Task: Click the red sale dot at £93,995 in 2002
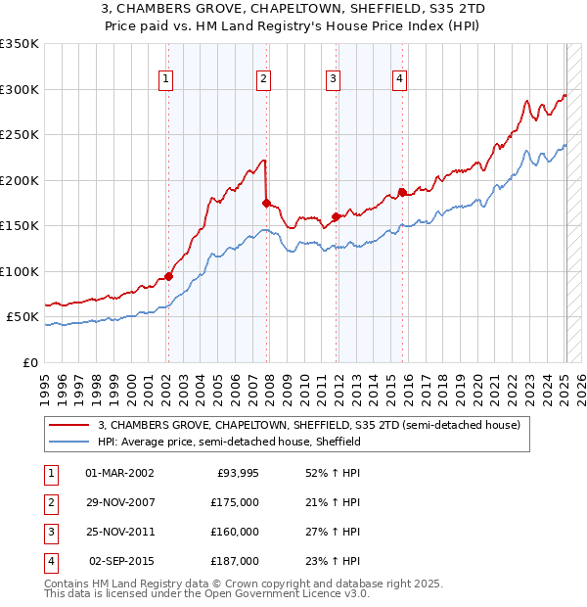pyautogui.click(x=168, y=276)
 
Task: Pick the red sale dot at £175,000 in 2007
pyautogui.click(x=266, y=203)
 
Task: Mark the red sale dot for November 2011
pyautogui.click(x=336, y=216)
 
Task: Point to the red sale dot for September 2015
pyautogui.click(x=401, y=192)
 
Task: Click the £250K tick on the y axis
pyautogui.click(x=21, y=135)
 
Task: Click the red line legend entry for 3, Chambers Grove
pyautogui.click(x=313, y=425)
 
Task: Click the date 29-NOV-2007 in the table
pyautogui.click(x=119, y=502)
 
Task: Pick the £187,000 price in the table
pyautogui.click(x=235, y=561)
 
